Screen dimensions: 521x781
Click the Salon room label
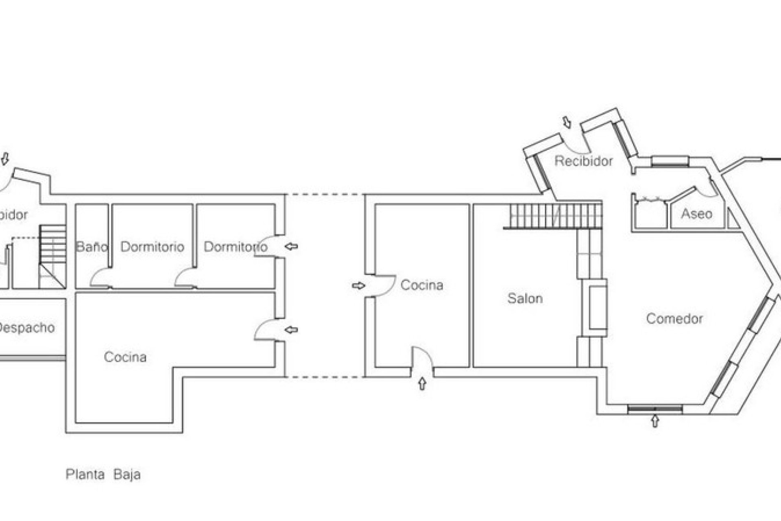[525, 298]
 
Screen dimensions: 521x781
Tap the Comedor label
[674, 318]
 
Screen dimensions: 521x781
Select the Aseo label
[696, 214]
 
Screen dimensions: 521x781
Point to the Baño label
[92, 247]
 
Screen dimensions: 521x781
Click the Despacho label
[26, 328]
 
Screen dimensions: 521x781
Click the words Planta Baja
[103, 475]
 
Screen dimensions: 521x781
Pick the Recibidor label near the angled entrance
[583, 161]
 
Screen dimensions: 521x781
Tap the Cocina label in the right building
[421, 285]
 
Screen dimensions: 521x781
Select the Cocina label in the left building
[125, 357]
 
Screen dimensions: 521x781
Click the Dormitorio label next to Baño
[152, 247]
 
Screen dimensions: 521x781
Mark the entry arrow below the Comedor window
[654, 421]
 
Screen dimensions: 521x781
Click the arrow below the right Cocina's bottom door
[422, 383]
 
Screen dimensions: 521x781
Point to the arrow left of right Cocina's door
[358, 286]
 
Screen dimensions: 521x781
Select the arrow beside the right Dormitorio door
[292, 246]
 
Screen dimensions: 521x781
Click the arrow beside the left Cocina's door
[292, 330]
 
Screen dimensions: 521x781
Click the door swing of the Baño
[100, 279]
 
